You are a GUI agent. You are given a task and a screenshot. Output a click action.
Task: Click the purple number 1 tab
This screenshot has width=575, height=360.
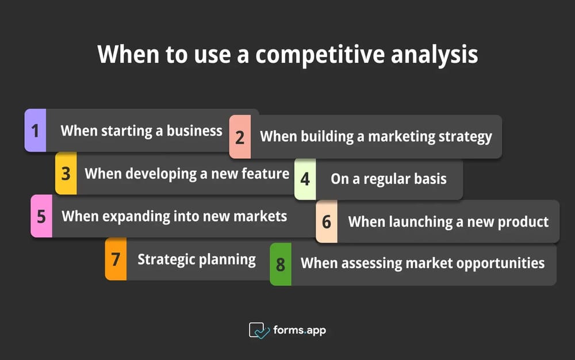click(35, 131)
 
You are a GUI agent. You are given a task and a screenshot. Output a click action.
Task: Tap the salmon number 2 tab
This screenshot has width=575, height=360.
click(240, 137)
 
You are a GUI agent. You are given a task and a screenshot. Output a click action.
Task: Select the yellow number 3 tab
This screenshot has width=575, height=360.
click(66, 173)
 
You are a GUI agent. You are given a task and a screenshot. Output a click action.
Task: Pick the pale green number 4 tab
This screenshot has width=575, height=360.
click(305, 179)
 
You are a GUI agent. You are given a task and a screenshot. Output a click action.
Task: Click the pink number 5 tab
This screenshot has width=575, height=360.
click(41, 216)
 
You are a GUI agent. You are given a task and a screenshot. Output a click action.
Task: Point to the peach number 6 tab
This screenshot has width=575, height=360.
click(327, 221)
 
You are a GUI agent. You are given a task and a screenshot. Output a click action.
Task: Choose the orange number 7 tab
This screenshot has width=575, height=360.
click(116, 259)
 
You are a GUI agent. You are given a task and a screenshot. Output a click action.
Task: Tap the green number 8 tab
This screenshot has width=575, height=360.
click(281, 264)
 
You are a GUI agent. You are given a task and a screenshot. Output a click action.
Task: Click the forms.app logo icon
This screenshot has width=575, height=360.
click(259, 330)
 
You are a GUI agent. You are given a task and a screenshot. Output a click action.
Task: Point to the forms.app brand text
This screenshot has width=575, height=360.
click(300, 330)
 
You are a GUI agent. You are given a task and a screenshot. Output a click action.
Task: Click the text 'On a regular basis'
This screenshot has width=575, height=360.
click(389, 179)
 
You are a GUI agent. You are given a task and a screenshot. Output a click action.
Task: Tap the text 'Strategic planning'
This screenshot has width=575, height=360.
click(197, 259)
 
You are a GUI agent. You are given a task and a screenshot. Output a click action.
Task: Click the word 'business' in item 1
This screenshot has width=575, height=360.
click(194, 131)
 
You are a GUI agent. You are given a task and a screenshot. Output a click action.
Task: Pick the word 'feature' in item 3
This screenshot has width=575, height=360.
click(265, 173)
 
